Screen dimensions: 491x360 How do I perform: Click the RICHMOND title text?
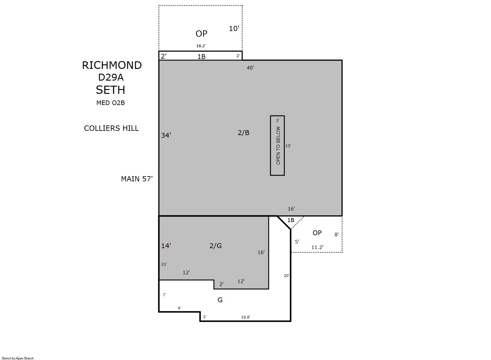click(112, 65)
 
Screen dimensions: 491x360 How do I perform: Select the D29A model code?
click(111, 77)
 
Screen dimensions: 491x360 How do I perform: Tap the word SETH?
click(110, 90)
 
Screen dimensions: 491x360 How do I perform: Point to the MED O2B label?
click(110, 103)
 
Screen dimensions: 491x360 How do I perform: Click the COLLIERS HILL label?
click(111, 128)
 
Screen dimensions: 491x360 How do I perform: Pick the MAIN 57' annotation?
click(137, 179)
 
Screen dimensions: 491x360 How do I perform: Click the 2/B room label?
click(243, 133)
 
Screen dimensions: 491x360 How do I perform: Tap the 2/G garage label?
click(215, 246)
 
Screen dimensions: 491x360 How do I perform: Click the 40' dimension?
click(250, 68)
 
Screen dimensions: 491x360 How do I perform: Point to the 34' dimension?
click(166, 135)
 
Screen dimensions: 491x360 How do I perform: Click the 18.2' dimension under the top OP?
click(201, 46)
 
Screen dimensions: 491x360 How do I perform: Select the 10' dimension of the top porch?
click(234, 29)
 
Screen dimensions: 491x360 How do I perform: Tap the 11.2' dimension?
click(317, 247)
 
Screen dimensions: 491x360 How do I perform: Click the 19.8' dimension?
click(246, 317)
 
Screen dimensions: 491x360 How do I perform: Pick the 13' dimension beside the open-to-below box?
click(288, 146)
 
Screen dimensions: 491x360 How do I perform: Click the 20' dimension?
click(286, 276)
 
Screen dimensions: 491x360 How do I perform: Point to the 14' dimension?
click(166, 246)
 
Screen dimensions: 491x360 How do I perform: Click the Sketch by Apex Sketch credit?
click(18, 358)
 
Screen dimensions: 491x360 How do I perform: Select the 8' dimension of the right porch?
click(336, 235)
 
